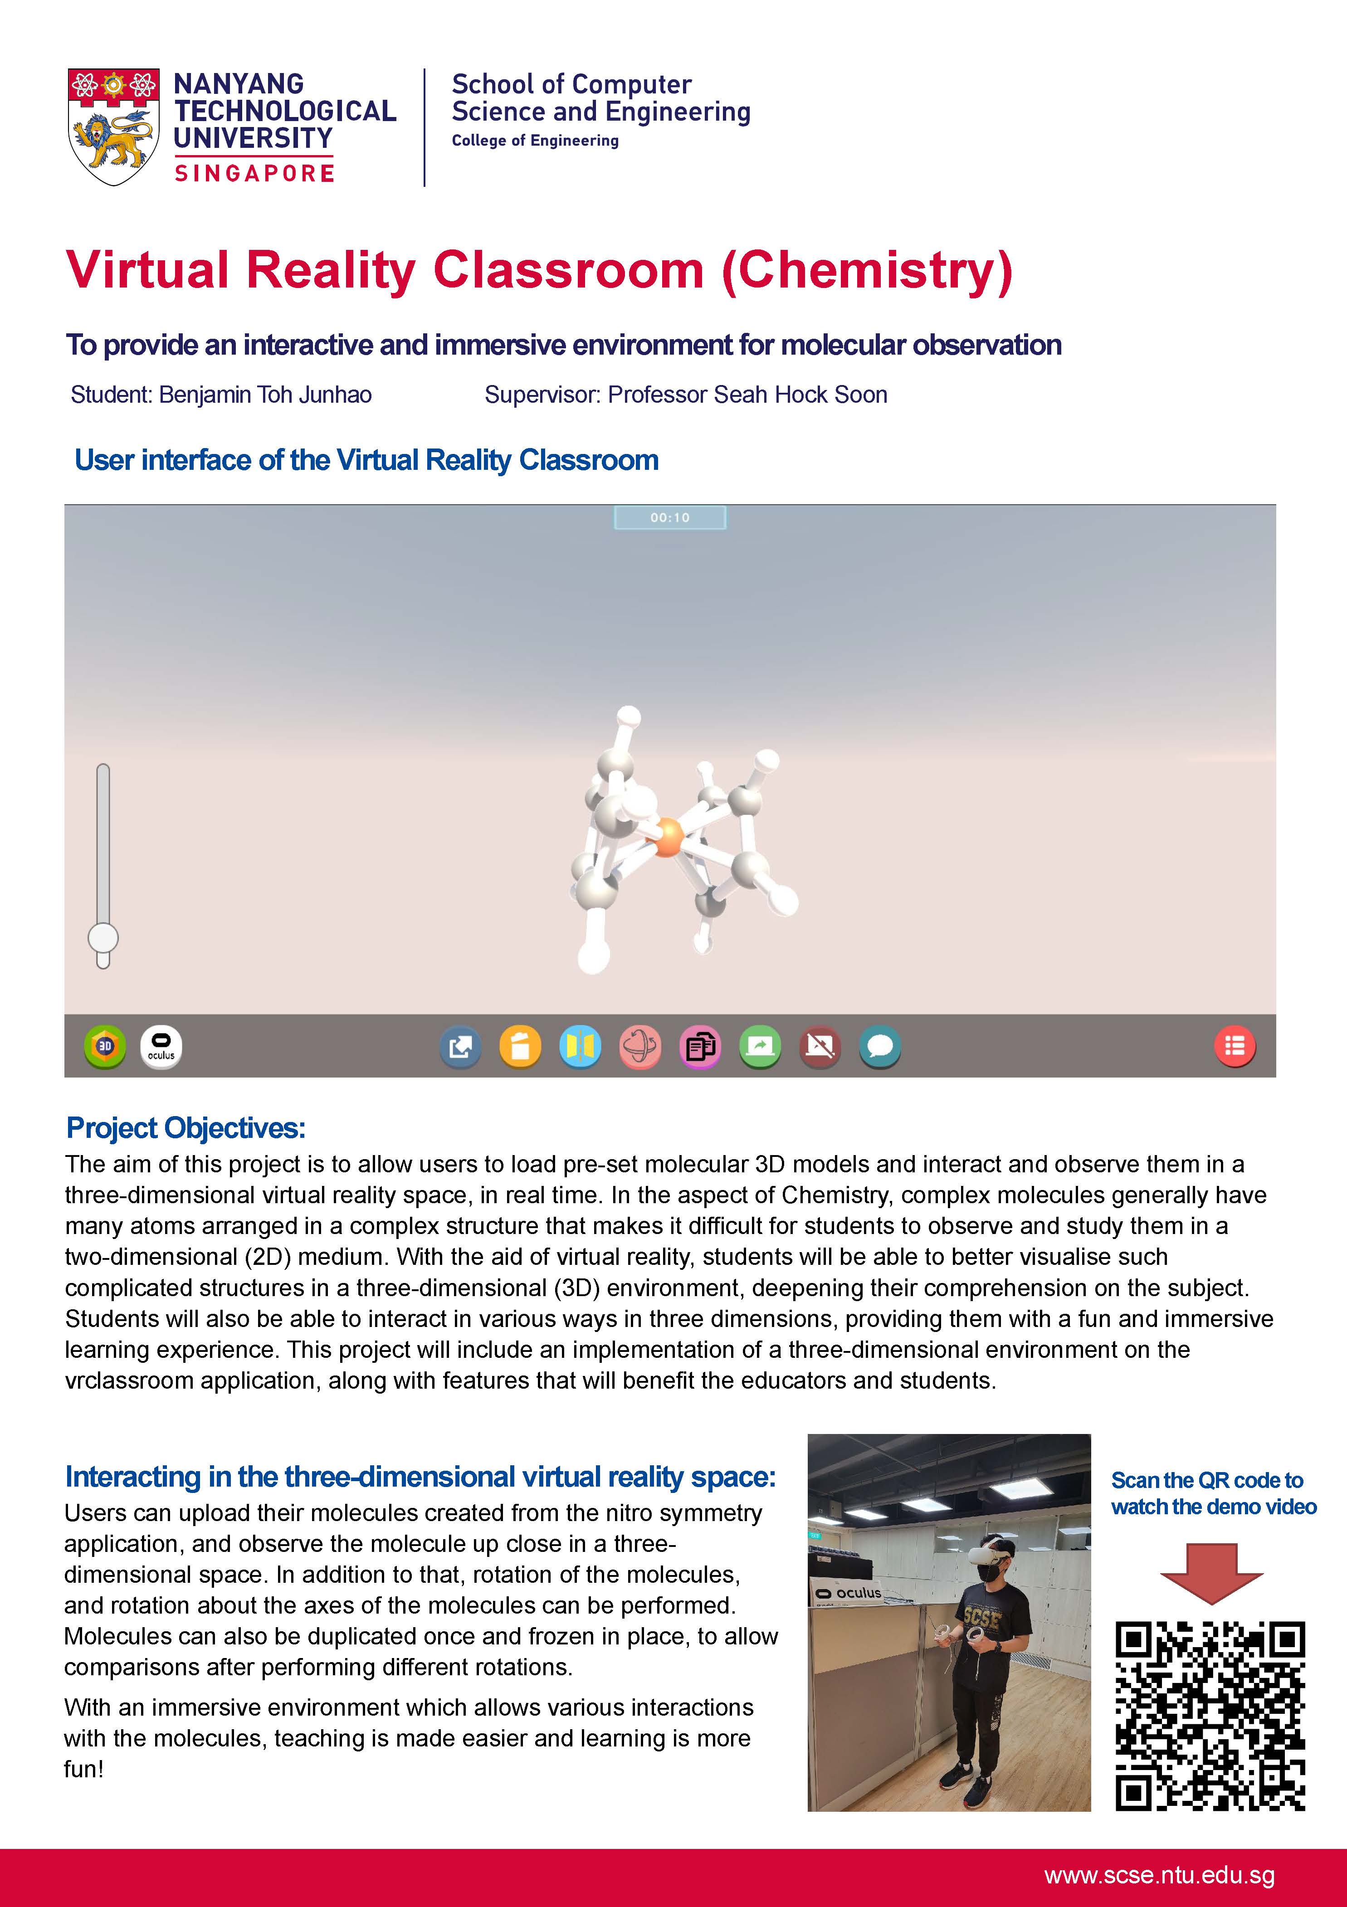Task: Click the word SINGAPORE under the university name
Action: (254, 173)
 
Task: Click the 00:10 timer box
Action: (669, 517)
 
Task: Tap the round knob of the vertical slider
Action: (103, 939)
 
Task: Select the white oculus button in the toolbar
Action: (161, 1047)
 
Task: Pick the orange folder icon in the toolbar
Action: (520, 1047)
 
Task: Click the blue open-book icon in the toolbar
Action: (580, 1047)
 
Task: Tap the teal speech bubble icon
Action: (879, 1047)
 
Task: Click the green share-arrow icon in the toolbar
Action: (760, 1047)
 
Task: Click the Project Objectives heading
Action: (186, 1128)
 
